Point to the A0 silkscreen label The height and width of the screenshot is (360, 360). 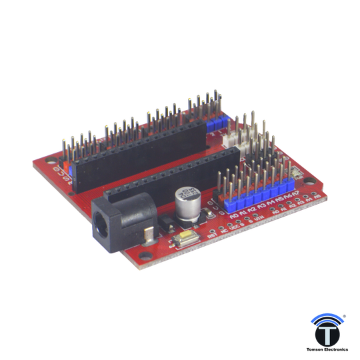pos(233,216)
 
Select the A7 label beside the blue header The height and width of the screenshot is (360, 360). pos(295,195)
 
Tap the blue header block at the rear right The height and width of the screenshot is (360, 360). pos(215,124)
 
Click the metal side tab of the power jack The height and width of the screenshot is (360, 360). pos(148,232)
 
